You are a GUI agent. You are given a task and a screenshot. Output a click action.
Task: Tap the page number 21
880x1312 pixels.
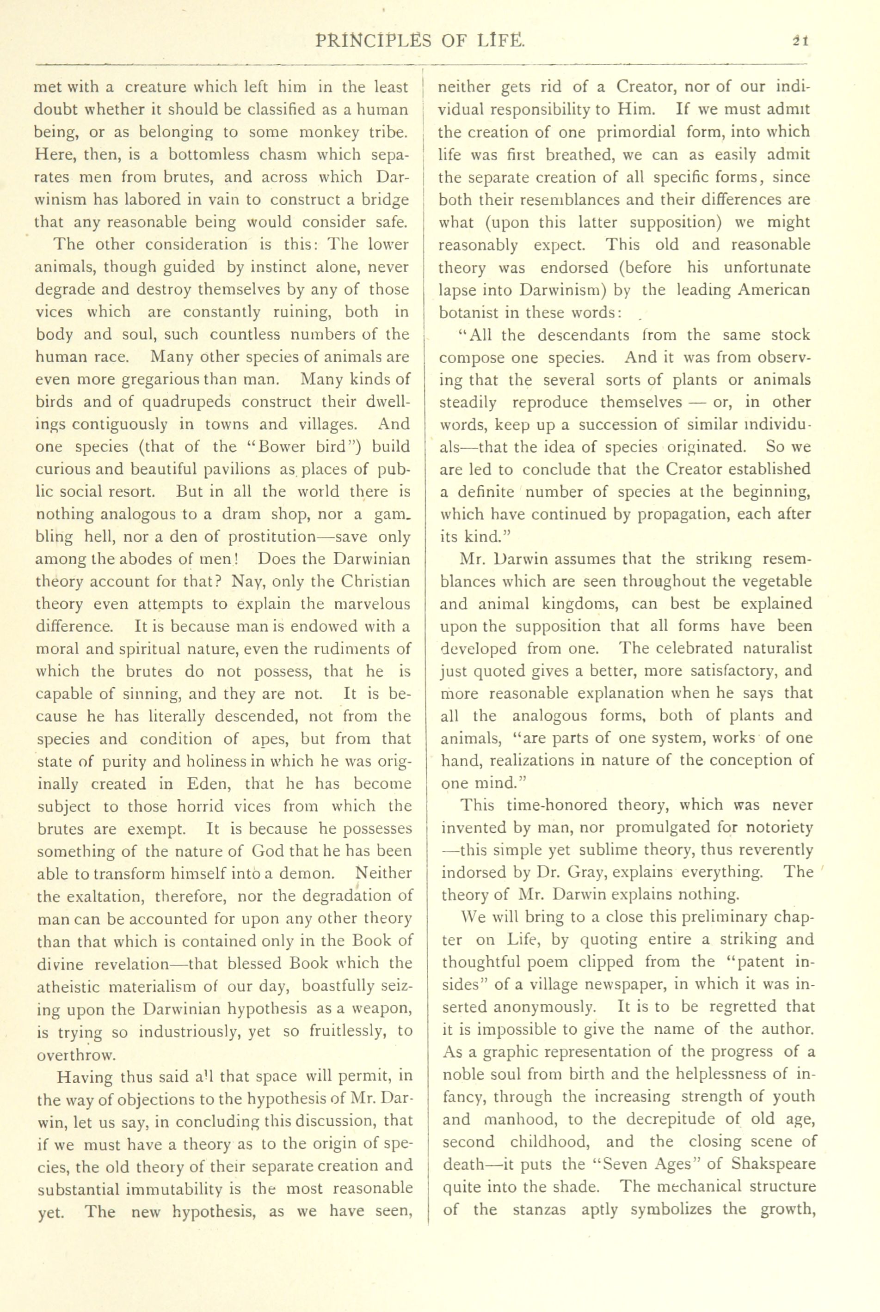click(799, 41)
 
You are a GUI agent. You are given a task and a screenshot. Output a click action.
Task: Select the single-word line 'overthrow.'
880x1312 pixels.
click(76, 1055)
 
